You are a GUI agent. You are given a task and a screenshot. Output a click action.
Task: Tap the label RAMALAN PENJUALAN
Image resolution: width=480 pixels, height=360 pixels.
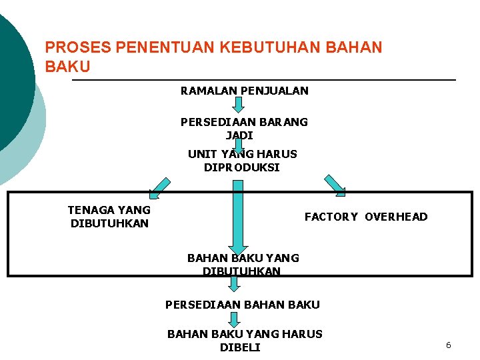244,90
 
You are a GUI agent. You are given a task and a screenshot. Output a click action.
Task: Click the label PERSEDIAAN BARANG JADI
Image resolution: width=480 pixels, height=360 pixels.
244,129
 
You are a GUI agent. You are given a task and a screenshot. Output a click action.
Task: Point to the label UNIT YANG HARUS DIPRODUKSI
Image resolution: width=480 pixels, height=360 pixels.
242,161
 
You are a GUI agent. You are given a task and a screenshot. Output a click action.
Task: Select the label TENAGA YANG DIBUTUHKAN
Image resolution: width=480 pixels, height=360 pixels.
109,217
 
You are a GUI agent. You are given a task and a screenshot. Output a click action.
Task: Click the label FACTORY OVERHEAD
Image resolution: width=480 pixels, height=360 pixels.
366,217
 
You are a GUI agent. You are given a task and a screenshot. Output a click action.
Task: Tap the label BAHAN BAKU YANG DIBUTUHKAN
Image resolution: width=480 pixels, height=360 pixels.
243,264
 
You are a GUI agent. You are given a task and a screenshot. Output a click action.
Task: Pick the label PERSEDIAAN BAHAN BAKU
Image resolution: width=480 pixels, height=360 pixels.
243,305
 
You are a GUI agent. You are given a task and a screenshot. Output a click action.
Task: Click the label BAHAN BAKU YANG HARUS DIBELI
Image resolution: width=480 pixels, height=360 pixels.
244,340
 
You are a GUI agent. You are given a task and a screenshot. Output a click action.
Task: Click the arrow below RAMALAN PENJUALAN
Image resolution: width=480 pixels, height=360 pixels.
239,105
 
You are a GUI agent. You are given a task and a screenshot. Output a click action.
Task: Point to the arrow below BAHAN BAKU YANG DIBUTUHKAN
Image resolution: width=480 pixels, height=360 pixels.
233,285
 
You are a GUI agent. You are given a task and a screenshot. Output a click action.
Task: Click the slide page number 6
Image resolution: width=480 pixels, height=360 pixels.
448,345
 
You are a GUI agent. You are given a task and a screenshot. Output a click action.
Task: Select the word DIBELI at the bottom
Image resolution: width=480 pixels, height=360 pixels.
240,347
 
